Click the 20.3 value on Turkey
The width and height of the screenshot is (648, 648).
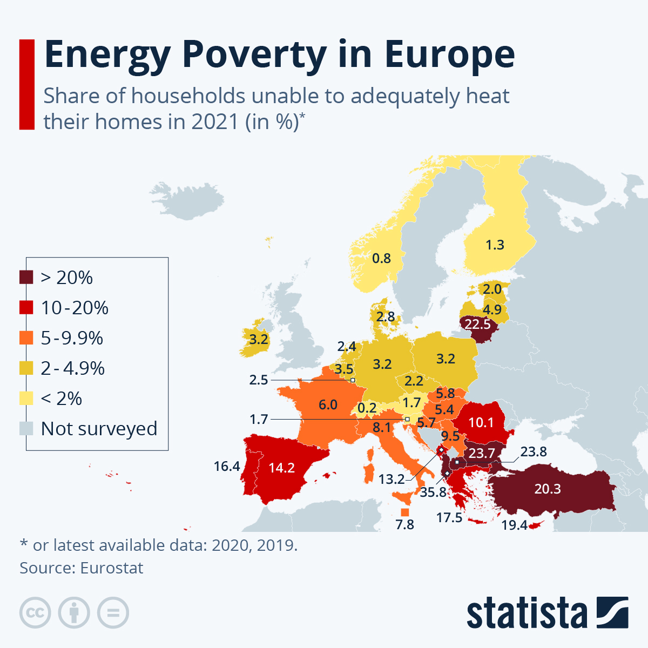pos(548,489)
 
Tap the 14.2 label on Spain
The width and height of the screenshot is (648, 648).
pos(282,468)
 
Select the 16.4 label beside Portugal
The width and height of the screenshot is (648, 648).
pos(227,466)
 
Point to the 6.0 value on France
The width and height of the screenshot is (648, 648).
pos(328,404)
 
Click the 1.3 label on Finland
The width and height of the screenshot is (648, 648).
pos(495,245)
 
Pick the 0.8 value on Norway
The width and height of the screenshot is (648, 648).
pos(381,258)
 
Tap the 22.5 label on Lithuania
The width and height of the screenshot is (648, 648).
pos(477,324)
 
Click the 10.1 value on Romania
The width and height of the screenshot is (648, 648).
pos(481,422)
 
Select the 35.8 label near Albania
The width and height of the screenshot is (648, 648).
pos(433,492)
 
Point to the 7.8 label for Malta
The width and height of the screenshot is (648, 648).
pos(404,524)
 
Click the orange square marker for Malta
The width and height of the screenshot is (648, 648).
pos(404,512)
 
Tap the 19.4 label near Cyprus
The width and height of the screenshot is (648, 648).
pos(514,525)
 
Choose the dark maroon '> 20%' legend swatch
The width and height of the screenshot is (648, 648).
pos(26,278)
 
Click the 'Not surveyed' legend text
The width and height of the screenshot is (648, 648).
pos(99,428)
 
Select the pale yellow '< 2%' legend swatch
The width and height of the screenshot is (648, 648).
pos(26,399)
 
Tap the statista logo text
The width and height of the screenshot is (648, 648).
pos(526,613)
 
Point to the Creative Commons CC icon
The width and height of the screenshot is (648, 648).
pos(35,613)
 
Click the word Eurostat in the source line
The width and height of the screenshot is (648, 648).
pos(112,568)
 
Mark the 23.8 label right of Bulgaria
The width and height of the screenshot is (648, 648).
pos(534,451)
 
